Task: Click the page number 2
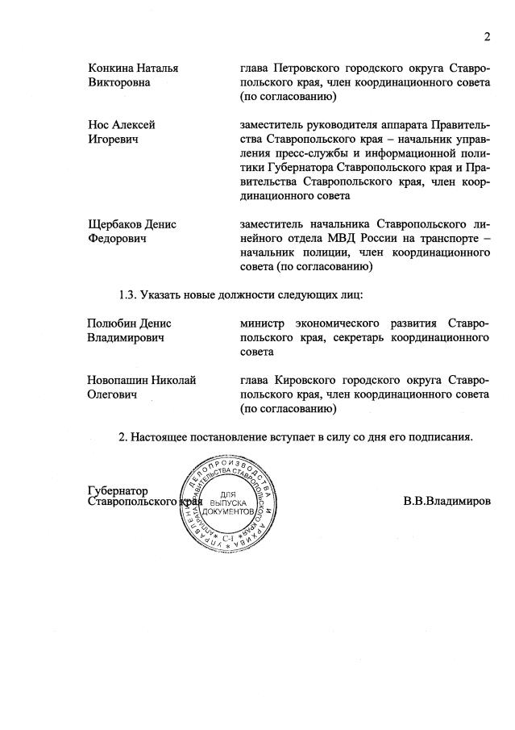point(487,36)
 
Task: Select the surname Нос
point(99,125)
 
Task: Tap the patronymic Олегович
point(112,394)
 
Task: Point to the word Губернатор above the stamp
point(118,490)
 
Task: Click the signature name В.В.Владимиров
point(446,501)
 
